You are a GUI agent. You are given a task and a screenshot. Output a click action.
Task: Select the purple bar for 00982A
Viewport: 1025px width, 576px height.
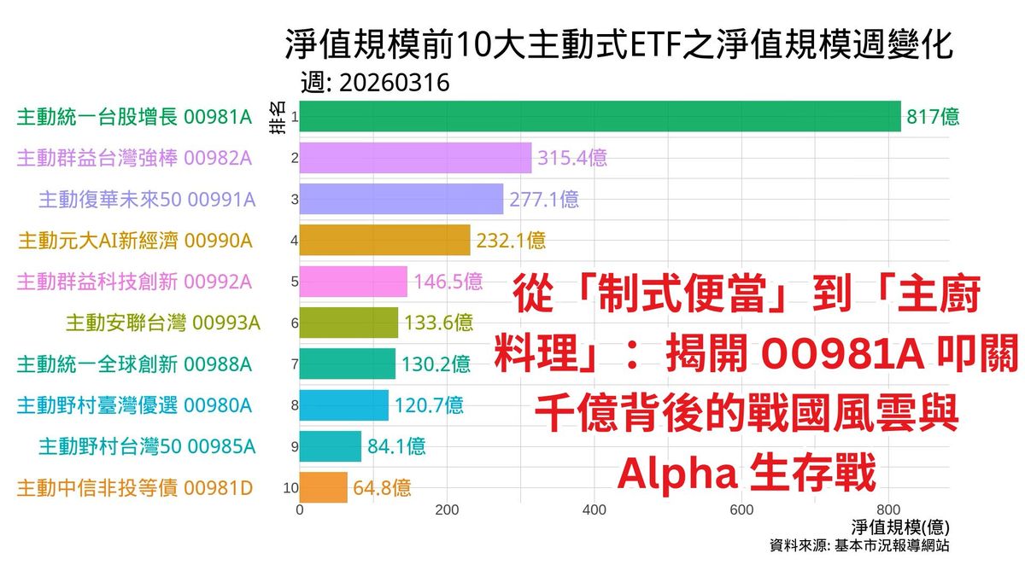click(x=415, y=158)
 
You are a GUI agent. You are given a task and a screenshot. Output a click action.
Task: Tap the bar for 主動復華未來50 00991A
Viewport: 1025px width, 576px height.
click(x=401, y=199)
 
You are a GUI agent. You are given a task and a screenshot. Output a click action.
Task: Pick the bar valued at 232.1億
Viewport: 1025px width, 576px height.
click(x=384, y=241)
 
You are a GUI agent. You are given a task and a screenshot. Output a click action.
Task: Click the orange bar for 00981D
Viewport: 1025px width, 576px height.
click(x=324, y=487)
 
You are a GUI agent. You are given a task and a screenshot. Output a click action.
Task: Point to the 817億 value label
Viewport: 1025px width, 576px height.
click(x=933, y=118)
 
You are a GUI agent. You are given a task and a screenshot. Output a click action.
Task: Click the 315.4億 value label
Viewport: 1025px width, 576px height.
click(x=572, y=158)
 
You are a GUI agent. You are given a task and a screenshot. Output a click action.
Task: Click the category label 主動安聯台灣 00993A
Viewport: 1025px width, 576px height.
click(x=162, y=323)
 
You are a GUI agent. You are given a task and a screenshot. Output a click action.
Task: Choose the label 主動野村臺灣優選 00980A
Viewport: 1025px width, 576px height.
click(x=134, y=405)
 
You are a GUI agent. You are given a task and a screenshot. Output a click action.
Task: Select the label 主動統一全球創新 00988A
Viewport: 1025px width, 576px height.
click(x=134, y=364)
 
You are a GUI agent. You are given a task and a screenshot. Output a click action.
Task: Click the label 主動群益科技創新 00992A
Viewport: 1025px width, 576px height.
click(x=134, y=282)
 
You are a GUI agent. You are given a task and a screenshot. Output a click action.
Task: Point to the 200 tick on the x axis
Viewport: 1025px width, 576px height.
click(x=447, y=510)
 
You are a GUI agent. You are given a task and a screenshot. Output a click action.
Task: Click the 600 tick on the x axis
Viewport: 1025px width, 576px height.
click(x=741, y=510)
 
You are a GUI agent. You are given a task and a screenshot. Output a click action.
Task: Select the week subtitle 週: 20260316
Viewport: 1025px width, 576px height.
click(x=375, y=84)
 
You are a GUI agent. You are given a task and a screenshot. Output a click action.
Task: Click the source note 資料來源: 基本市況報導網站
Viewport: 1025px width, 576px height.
click(x=858, y=546)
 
